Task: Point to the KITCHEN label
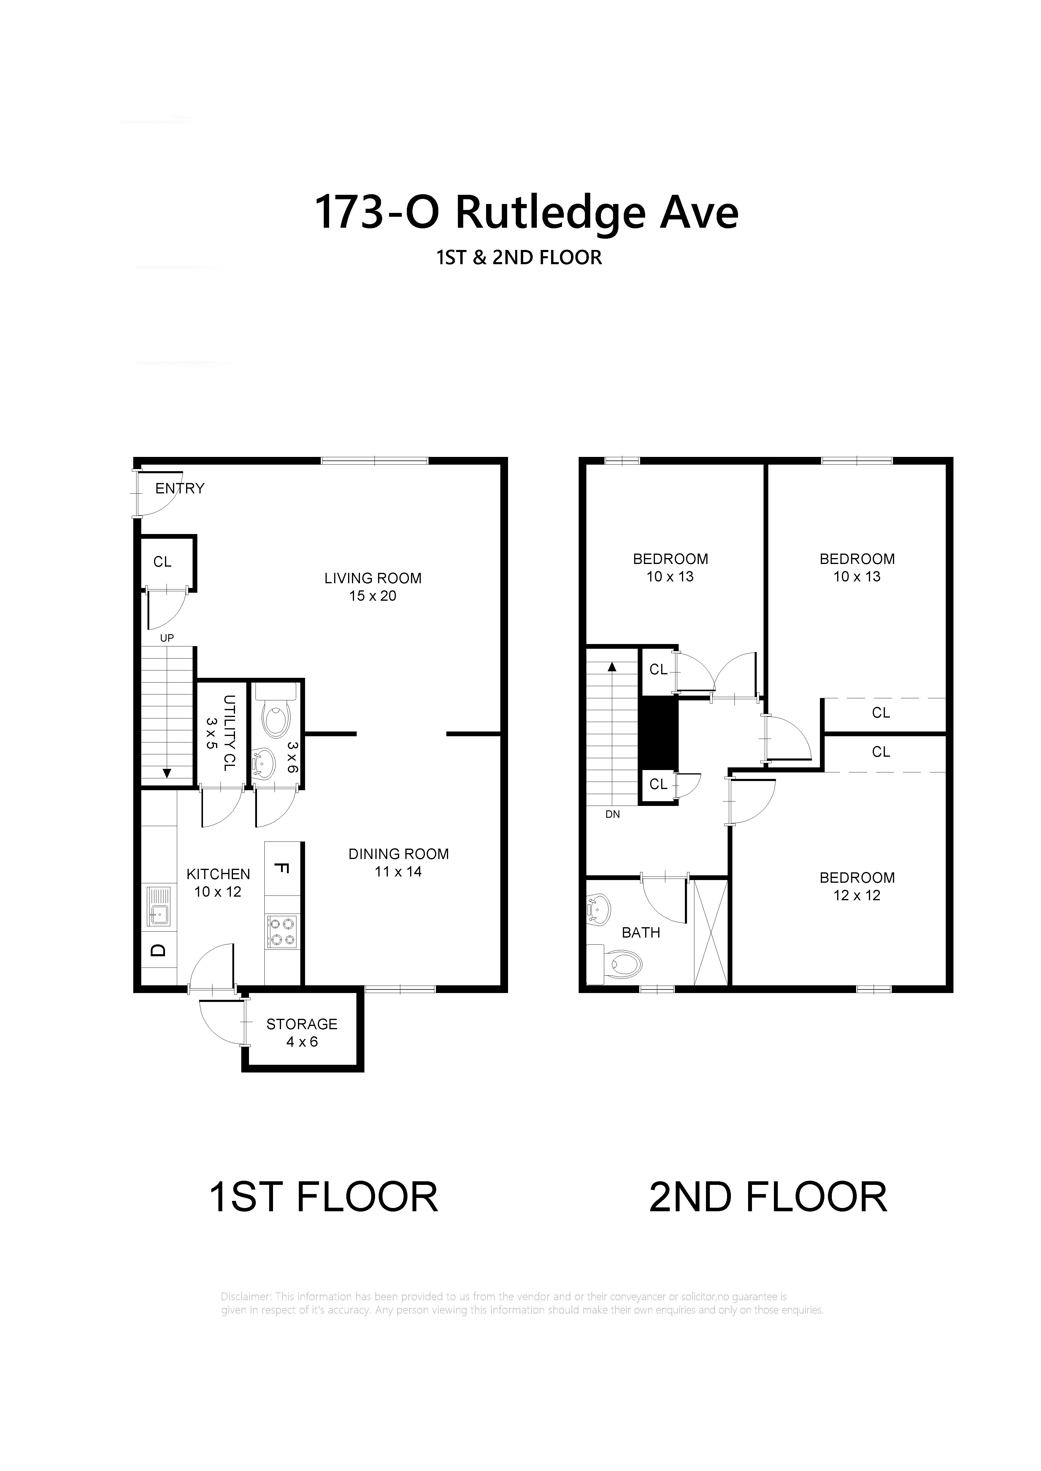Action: click(218, 874)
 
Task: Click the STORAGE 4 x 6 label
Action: click(302, 1033)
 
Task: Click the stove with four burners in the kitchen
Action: click(282, 932)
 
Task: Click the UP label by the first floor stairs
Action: click(167, 638)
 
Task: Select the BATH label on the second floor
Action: click(641, 933)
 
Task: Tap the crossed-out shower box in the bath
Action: click(710, 932)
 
